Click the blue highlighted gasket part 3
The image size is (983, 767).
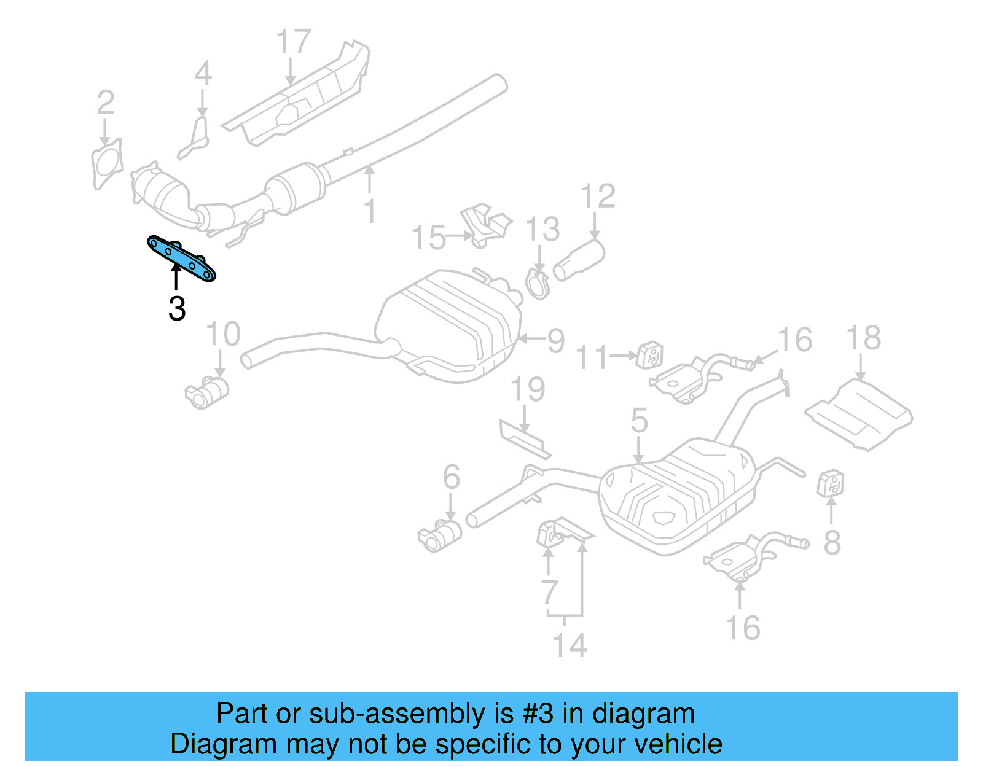182,259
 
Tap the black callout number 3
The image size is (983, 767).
177,309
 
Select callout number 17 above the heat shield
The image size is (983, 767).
293,42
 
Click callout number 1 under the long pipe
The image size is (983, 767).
369,211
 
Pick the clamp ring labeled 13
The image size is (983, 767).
538,285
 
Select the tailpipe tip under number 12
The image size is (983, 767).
579,260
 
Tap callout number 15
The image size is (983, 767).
428,238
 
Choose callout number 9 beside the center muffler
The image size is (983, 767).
555,341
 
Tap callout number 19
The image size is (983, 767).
528,389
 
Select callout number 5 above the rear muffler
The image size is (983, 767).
639,421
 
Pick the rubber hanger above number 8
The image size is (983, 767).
831,483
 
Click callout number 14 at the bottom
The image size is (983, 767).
570,645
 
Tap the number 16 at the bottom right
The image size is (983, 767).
743,628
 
